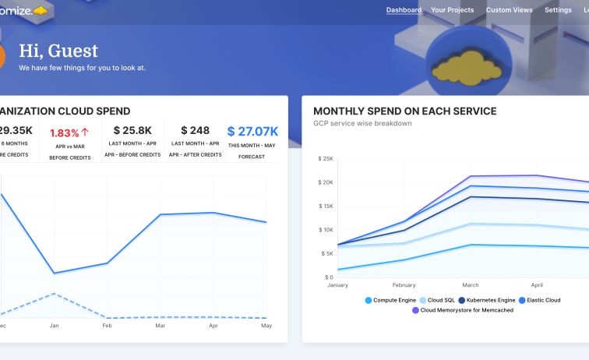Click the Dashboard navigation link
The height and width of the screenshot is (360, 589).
(404, 10)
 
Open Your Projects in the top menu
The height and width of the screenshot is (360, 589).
(453, 10)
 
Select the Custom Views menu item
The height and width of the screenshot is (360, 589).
(510, 10)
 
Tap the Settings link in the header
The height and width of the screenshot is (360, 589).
(558, 10)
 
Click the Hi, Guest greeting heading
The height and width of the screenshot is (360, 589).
(58, 51)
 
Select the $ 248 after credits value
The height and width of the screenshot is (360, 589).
(195, 131)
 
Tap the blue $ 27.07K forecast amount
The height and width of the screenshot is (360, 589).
(252, 131)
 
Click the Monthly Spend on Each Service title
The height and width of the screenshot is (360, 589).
(404, 111)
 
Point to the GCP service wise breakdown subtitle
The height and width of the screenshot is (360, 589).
(362, 123)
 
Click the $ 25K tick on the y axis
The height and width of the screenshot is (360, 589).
(326, 159)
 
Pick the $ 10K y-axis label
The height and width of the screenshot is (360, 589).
(326, 230)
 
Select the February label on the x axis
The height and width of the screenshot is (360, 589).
(404, 285)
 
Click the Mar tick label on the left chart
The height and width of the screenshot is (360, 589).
(160, 326)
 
